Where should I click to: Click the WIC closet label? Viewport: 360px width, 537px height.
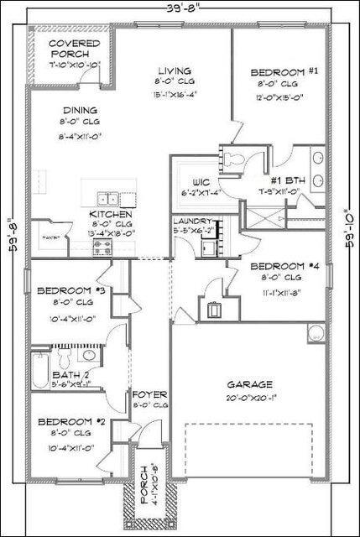[200, 181]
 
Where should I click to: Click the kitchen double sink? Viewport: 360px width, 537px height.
[107, 199]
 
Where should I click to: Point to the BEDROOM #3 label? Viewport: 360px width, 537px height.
[70, 291]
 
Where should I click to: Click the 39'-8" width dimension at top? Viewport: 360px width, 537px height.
[181, 8]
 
